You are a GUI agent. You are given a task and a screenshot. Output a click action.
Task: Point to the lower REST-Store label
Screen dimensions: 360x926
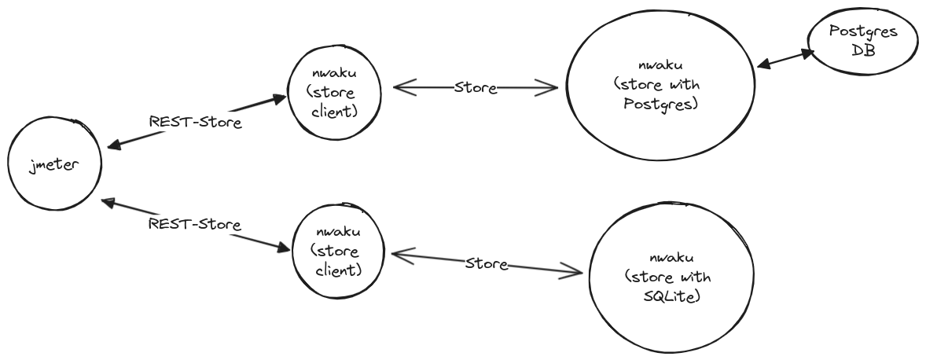(195, 224)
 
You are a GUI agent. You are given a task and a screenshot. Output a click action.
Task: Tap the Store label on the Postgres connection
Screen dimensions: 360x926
(476, 88)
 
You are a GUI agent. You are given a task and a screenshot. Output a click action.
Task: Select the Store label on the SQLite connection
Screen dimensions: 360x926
(487, 263)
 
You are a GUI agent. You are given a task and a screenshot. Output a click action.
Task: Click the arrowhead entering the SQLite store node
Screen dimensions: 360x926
(574, 272)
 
